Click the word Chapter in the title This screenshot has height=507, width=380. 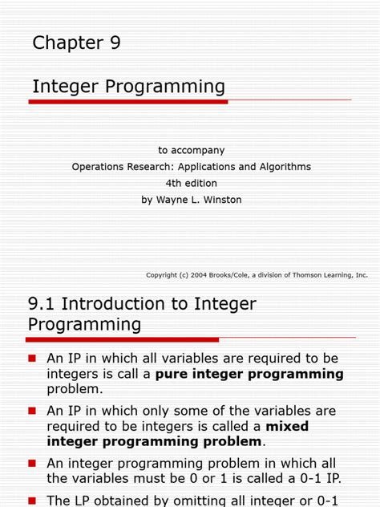click(x=67, y=43)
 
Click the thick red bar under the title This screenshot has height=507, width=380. click(x=128, y=102)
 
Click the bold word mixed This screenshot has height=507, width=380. click(x=287, y=426)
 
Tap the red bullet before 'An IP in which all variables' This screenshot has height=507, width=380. click(x=33, y=358)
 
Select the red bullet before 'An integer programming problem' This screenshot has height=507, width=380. click(x=33, y=463)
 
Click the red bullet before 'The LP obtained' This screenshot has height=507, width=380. click(x=33, y=499)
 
